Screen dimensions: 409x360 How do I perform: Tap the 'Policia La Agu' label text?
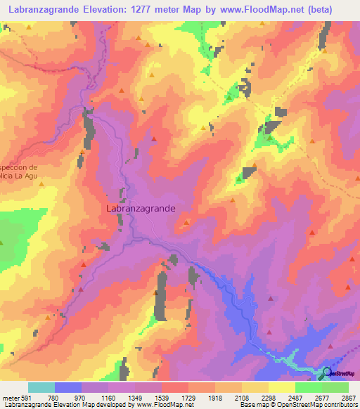pyautogui.click(x=22, y=178)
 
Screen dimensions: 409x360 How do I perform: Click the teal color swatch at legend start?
pyautogui.click(x=41, y=388)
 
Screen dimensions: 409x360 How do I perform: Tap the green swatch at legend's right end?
pyautogui.click(x=335, y=388)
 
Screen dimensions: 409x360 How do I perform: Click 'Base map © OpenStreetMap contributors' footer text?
pyautogui.click(x=297, y=404)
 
